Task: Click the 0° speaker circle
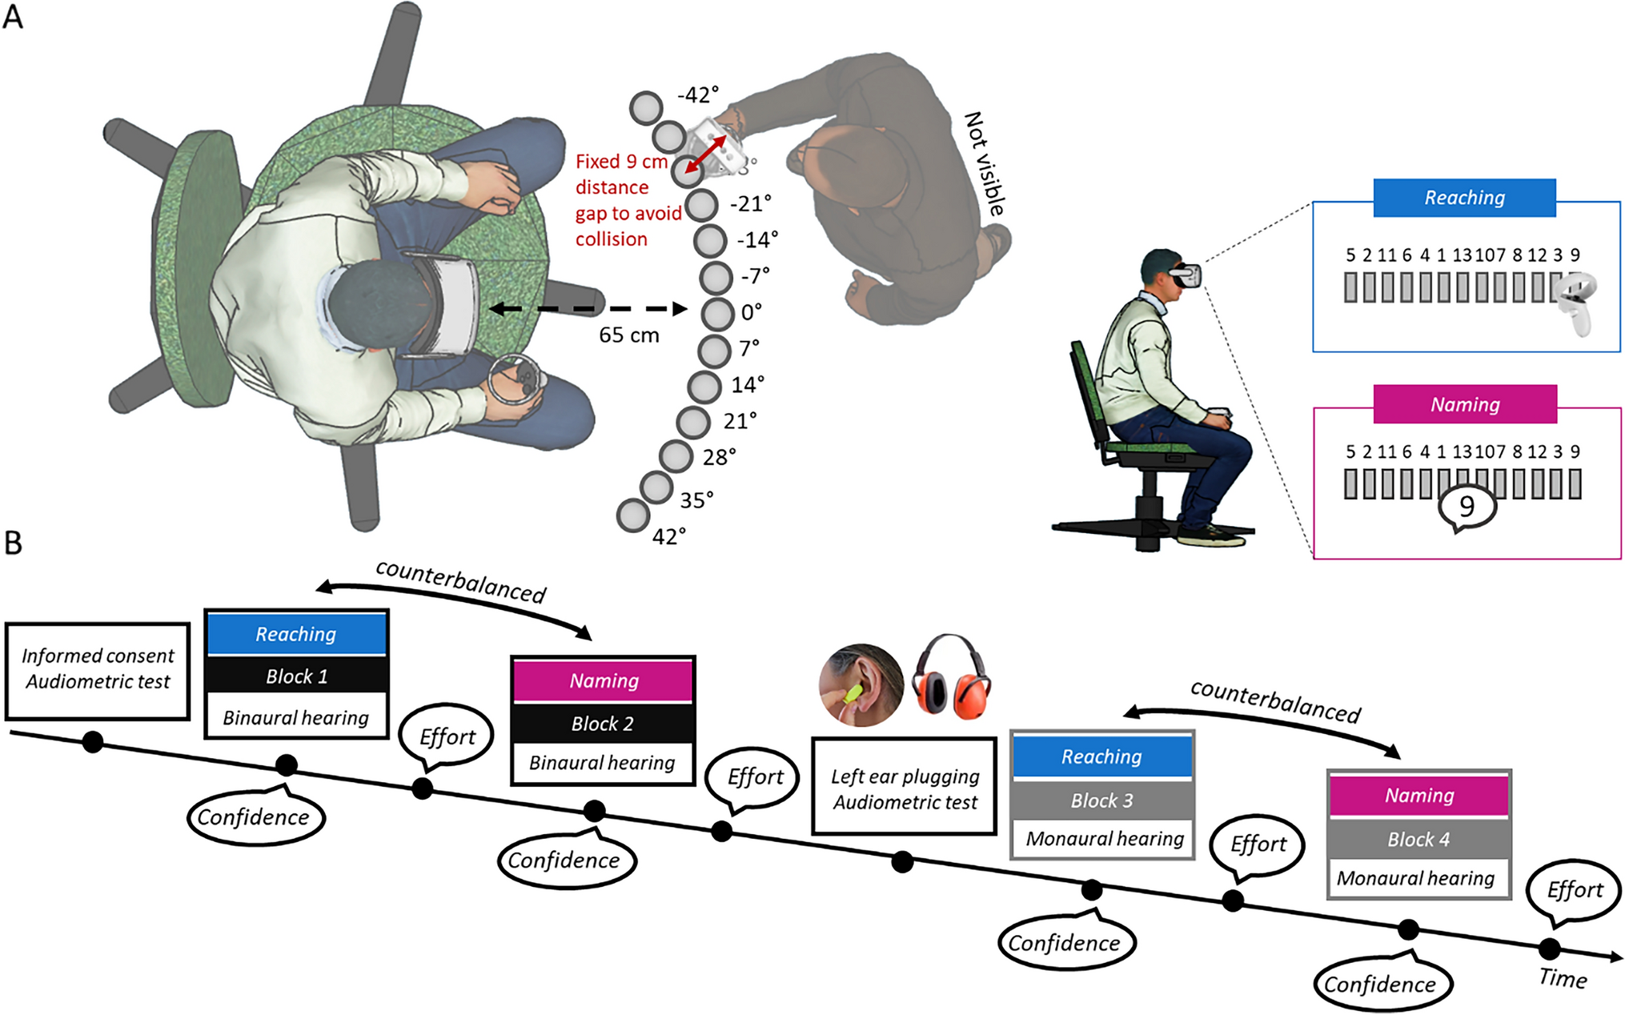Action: click(x=717, y=314)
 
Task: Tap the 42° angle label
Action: click(x=669, y=536)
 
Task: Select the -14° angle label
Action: click(x=757, y=239)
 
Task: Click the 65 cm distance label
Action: click(x=629, y=335)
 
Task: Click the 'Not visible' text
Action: click(x=985, y=164)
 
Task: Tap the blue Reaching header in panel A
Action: click(x=1464, y=198)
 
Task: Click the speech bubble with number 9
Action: click(x=1467, y=507)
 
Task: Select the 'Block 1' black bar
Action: click(x=296, y=676)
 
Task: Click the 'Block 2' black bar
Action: click(x=602, y=724)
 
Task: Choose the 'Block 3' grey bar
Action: click(x=1101, y=800)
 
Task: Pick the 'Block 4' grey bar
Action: click(x=1418, y=839)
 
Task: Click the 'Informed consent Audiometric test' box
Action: click(x=98, y=670)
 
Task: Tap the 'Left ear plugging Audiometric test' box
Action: click(x=905, y=788)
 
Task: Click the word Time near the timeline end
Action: click(x=1563, y=979)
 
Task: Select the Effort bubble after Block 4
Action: click(x=1575, y=890)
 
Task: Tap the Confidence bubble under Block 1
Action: click(x=254, y=817)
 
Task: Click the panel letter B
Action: click(x=14, y=543)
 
